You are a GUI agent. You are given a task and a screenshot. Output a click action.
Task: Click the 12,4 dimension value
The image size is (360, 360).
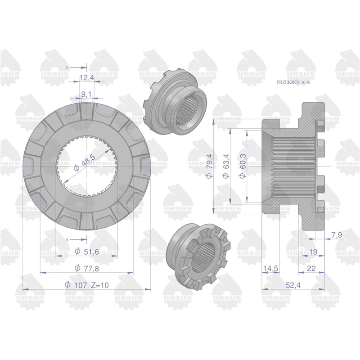[87, 78]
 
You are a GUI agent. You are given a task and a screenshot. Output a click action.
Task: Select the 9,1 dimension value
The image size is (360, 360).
[86, 94]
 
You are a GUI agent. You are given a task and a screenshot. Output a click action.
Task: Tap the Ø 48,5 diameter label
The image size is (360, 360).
[85, 162]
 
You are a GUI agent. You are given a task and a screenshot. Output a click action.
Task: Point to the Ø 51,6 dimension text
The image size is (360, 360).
[87, 252]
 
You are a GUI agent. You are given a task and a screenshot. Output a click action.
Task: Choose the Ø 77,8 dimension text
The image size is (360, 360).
[87, 268]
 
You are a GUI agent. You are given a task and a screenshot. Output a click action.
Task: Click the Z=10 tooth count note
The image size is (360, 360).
[99, 285]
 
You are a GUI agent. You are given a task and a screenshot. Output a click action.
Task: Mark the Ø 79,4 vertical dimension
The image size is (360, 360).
[209, 166]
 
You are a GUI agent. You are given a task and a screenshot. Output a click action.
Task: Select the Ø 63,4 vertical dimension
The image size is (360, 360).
[226, 166]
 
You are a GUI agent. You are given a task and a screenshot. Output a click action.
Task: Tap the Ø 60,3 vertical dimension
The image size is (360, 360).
[243, 166]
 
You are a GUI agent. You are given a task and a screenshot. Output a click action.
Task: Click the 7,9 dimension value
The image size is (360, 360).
[337, 235]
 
